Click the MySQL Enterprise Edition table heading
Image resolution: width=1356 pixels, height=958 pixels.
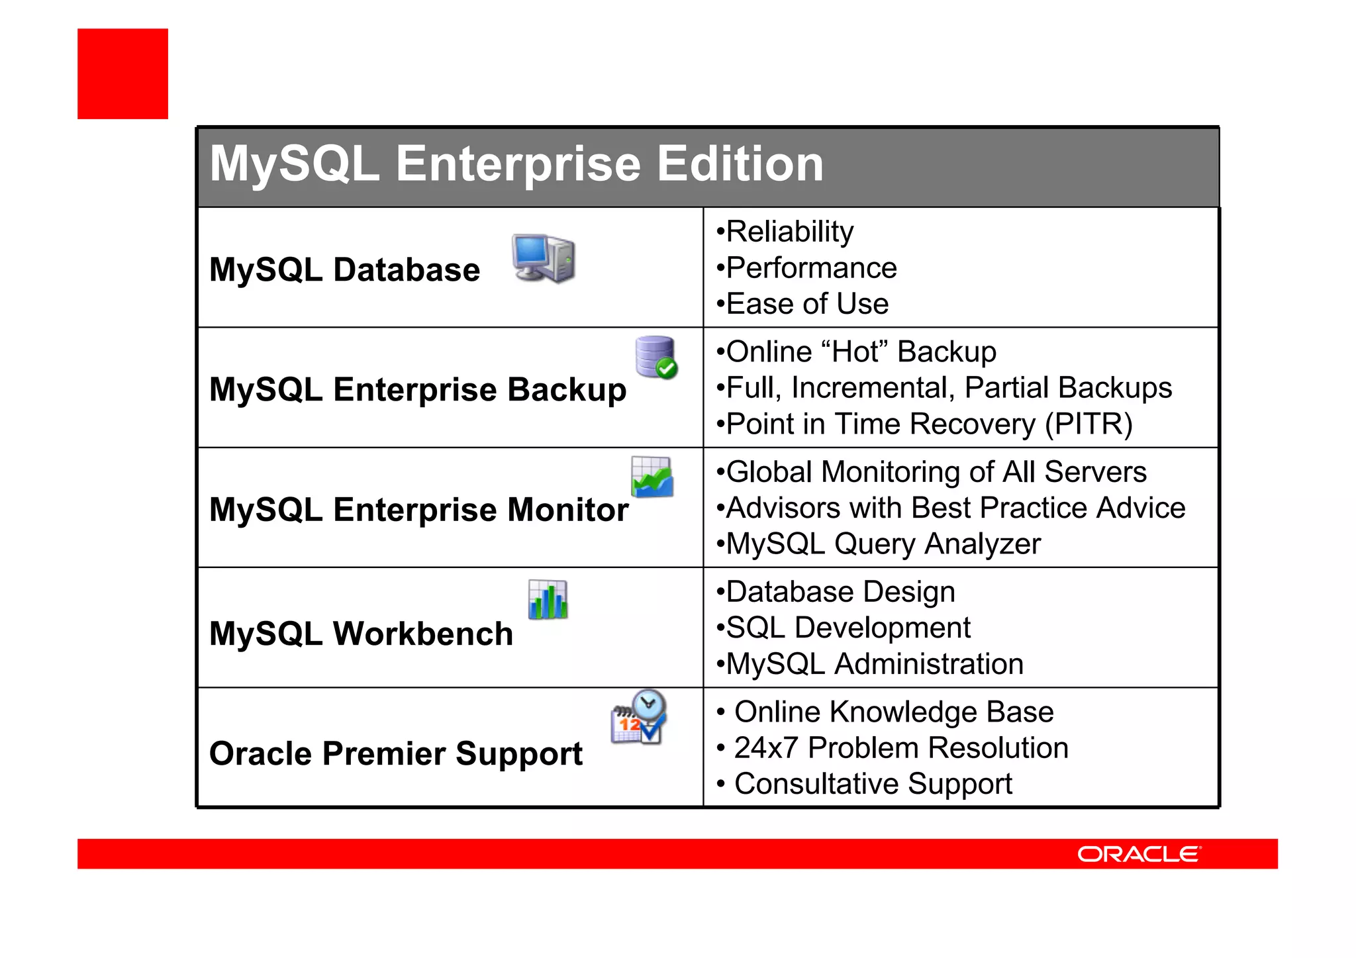516,164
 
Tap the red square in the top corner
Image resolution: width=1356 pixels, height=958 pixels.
122,73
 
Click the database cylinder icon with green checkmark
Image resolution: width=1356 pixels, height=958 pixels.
656,358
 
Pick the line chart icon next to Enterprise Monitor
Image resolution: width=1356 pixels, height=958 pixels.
652,477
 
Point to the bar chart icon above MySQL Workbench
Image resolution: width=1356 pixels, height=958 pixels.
548,599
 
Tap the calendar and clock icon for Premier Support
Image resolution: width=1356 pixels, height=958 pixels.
638,718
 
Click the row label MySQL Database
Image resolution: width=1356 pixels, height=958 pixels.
344,270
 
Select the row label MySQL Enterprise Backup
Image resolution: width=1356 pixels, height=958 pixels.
417,389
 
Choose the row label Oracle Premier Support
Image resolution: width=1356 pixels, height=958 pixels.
395,753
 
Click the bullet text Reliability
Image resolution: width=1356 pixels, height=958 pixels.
789,232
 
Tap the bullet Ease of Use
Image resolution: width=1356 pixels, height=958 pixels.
806,304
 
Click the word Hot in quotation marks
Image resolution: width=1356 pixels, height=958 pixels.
859,352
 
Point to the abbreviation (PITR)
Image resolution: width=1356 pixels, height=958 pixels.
1089,424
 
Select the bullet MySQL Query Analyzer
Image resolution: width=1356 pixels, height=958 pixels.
883,544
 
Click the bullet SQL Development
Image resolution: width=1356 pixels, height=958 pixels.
847,628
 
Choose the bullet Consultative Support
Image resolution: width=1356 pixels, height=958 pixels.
873,784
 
